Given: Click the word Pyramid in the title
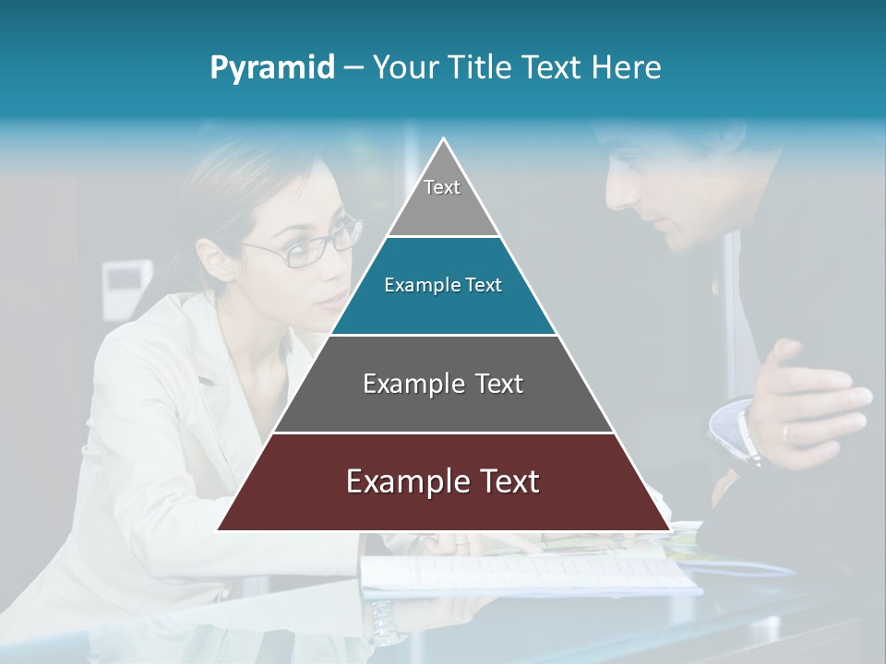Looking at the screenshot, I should tap(271, 68).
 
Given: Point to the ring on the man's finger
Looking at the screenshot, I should tap(785, 433).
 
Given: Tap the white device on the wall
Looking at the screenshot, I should tap(126, 277).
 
